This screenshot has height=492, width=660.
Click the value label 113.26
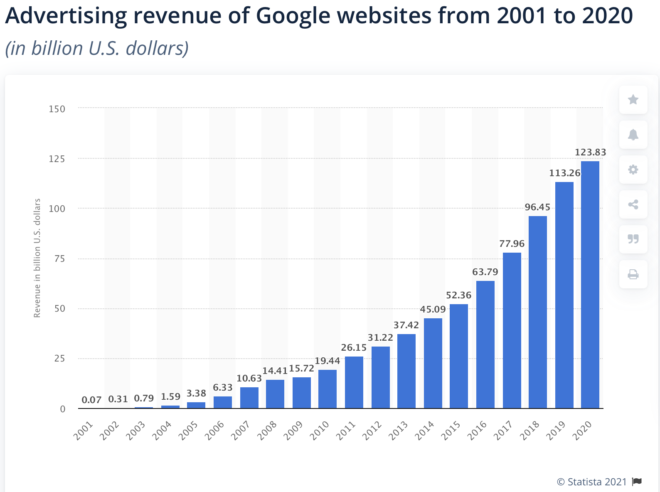pyautogui.click(x=564, y=173)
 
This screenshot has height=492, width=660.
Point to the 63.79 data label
pyautogui.click(x=485, y=272)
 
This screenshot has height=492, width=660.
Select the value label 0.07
pyautogui.click(x=91, y=400)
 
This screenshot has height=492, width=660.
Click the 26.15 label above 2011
pyautogui.click(x=354, y=347)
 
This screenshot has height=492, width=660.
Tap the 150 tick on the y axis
pyautogui.click(x=57, y=109)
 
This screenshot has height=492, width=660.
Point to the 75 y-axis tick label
pyautogui.click(x=59, y=259)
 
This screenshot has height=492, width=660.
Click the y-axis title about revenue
pyautogui.click(x=37, y=258)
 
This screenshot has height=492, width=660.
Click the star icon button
pyautogui.click(x=633, y=100)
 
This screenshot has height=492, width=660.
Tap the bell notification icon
pyautogui.click(x=633, y=135)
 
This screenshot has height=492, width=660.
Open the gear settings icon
pyautogui.click(x=633, y=170)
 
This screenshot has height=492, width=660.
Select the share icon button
pyautogui.click(x=633, y=204)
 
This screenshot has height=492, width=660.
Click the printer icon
pyautogui.click(x=633, y=274)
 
